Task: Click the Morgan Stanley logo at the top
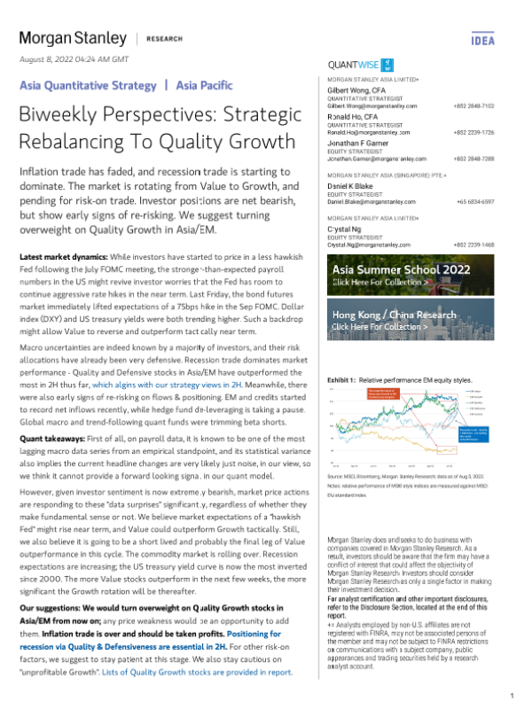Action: tap(73, 39)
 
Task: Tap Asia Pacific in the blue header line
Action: tap(205, 86)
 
